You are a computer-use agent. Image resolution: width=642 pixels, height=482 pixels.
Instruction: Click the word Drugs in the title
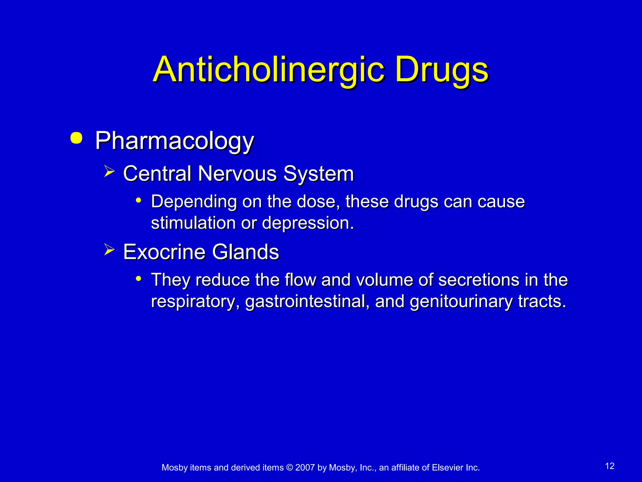click(442, 69)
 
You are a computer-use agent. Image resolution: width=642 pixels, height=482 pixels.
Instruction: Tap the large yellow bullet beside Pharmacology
click(76, 138)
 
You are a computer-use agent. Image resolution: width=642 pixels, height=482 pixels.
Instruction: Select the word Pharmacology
click(174, 141)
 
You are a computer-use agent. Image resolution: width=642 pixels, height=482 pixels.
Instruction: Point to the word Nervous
click(237, 174)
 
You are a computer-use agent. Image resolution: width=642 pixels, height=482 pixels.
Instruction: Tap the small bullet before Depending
click(138, 200)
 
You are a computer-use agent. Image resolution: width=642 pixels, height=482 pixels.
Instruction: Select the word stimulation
click(193, 223)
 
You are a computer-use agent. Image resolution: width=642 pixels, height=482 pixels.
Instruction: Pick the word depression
click(308, 223)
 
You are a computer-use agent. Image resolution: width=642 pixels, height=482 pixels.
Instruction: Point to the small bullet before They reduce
click(138, 278)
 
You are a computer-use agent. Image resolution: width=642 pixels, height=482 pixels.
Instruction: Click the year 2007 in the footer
click(305, 468)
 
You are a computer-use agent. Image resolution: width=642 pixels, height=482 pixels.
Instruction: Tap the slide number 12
click(610, 466)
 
